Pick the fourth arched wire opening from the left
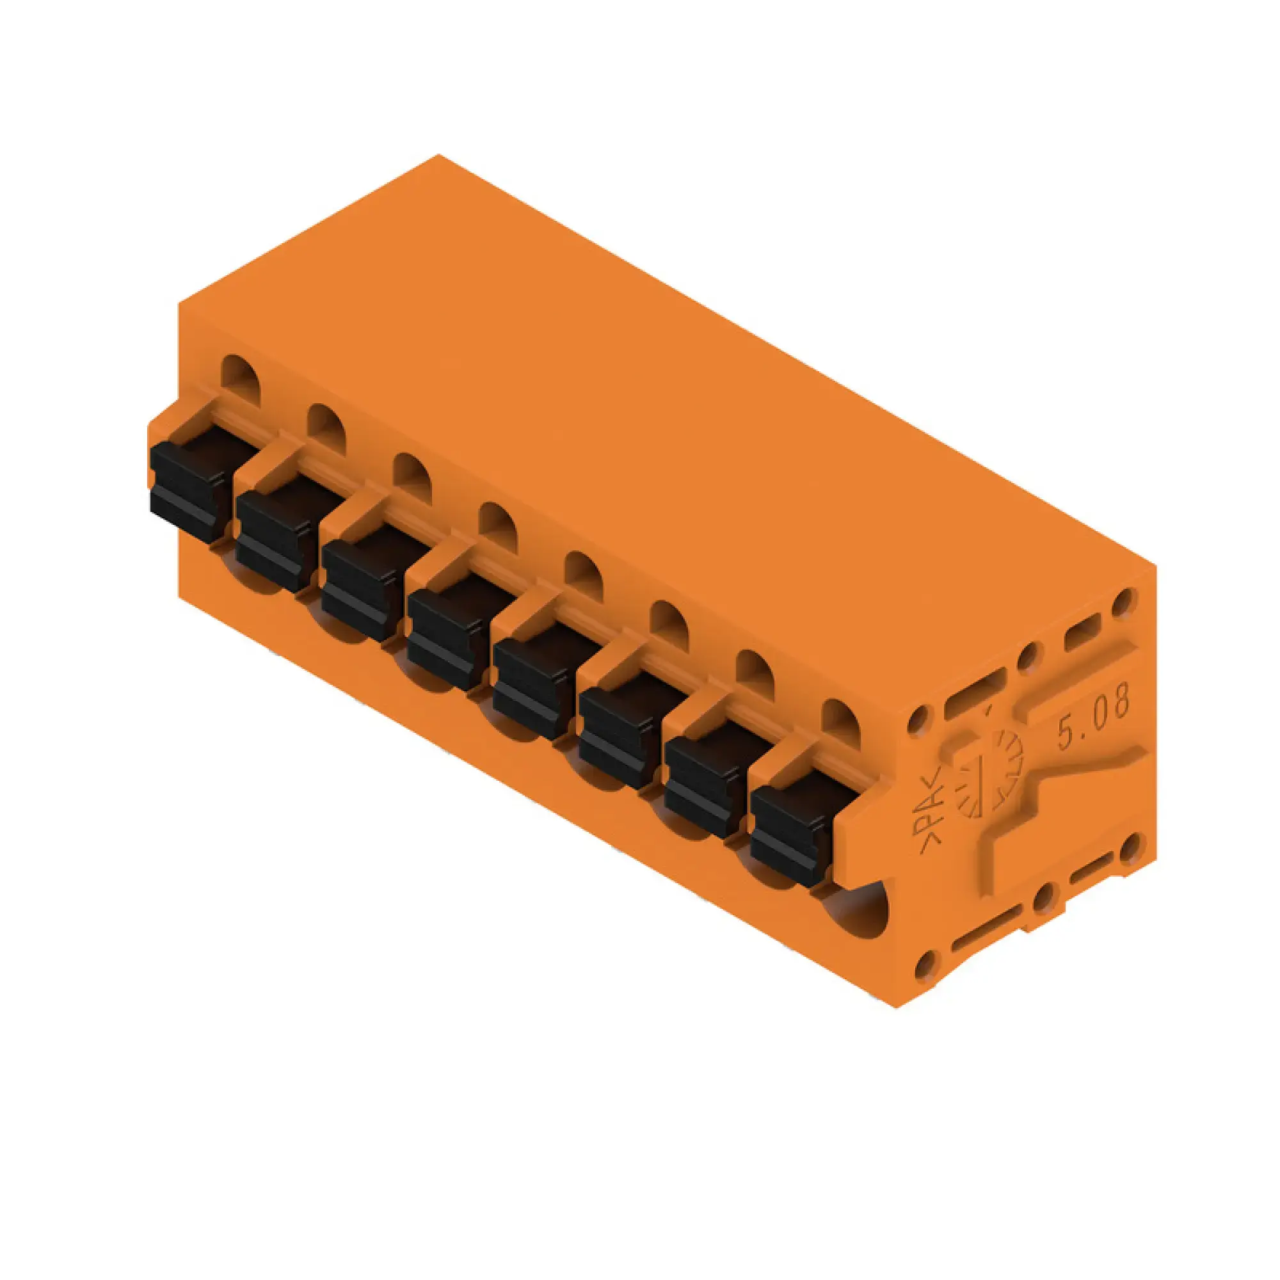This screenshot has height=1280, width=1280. coord(497,527)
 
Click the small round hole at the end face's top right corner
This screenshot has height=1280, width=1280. coord(1123,602)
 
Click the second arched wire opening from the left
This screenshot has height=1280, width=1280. coord(326,429)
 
